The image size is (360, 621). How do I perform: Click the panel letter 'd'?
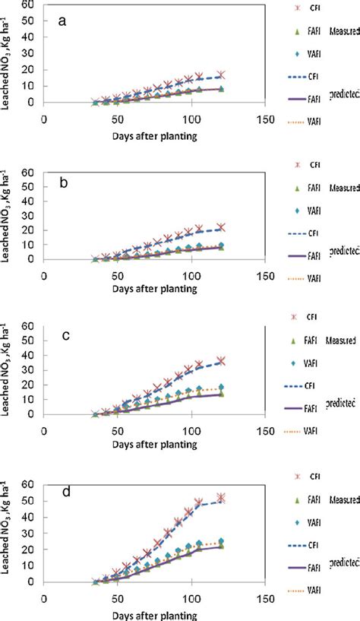63,493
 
